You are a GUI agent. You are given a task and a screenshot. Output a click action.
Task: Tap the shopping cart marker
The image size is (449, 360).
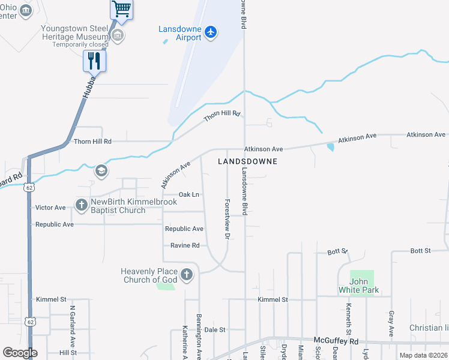tap(121, 8)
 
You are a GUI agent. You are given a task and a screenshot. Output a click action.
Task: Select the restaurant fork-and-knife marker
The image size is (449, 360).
tap(94, 60)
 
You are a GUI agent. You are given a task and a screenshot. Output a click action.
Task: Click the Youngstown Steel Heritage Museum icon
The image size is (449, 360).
tap(118, 35)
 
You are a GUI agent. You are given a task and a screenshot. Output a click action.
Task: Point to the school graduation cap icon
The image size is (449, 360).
tap(101, 172)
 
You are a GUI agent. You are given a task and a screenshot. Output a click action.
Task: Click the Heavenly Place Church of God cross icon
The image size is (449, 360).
tap(187, 275)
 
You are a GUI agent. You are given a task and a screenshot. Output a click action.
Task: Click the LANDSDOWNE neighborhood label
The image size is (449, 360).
tap(247, 161)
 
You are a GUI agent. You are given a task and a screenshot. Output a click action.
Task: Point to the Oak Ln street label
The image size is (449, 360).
tap(189, 195)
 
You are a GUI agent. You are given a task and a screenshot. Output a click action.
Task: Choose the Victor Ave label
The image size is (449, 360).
tap(50, 208)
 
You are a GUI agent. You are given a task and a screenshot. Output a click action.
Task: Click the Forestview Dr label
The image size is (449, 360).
tap(228, 220)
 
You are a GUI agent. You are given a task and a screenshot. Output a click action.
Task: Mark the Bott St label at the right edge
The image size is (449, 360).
tap(421, 251)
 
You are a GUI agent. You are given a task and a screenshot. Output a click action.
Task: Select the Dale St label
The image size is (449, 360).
tap(214, 329)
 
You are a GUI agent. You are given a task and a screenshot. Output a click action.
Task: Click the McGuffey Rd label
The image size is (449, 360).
tap(336, 341)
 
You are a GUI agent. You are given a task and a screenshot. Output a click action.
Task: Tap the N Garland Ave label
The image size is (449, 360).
tap(72, 325)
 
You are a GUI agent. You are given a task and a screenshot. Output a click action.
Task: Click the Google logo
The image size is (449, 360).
tap(20, 353)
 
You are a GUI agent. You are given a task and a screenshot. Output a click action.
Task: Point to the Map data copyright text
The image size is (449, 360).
tap(423, 355)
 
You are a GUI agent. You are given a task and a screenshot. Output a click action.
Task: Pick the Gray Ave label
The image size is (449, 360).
tap(391, 323)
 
